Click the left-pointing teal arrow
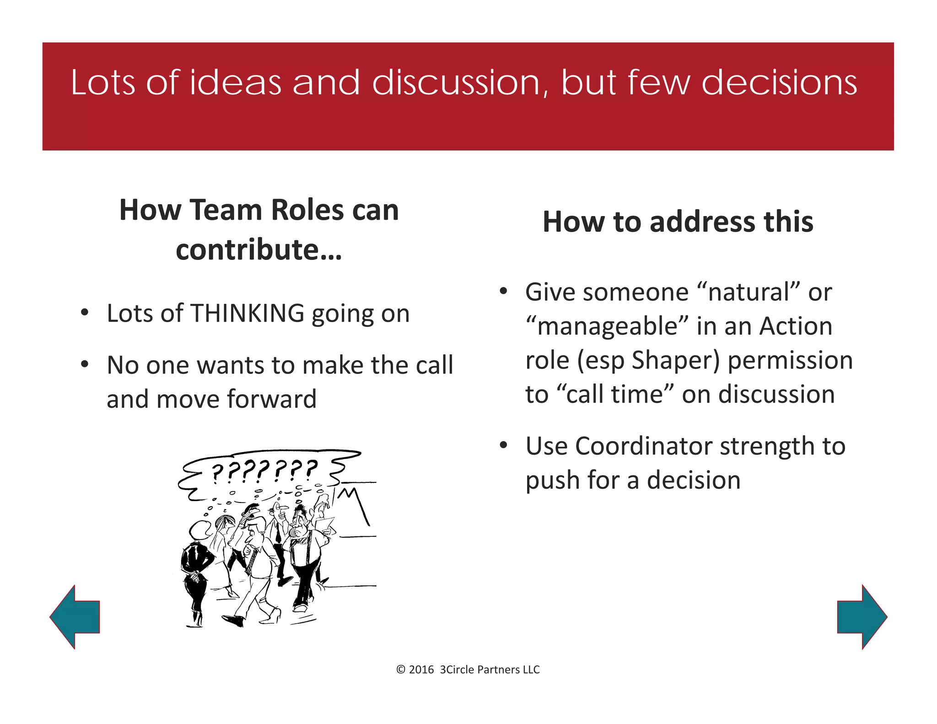(75, 617)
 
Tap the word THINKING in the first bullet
(248, 313)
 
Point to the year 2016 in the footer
(421, 670)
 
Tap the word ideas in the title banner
(235, 83)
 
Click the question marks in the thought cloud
(264, 470)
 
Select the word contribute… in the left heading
(259, 250)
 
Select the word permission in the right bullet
(790, 360)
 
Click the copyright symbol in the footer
(401, 670)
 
